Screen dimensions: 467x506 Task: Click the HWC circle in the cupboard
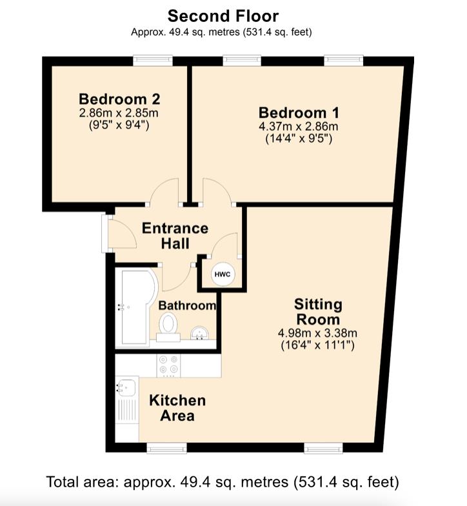point(223,274)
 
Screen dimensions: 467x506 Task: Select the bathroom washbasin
point(200,333)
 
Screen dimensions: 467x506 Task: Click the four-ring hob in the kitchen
point(169,365)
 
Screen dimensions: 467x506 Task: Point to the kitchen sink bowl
point(127,387)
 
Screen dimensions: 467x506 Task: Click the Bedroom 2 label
point(119,99)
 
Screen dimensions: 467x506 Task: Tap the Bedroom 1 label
point(299,112)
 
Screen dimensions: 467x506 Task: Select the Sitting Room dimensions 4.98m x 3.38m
point(317,333)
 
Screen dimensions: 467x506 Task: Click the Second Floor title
point(223,15)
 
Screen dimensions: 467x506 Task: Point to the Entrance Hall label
point(175,236)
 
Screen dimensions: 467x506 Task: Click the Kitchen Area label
point(177,408)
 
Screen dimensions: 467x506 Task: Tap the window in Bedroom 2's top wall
point(154,61)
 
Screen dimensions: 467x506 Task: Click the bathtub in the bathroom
point(135,309)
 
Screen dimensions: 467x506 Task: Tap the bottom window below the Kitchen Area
point(166,448)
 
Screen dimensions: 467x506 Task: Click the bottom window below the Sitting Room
point(324,448)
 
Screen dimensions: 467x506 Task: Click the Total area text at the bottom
point(223,482)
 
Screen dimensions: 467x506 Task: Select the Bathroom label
point(187,305)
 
